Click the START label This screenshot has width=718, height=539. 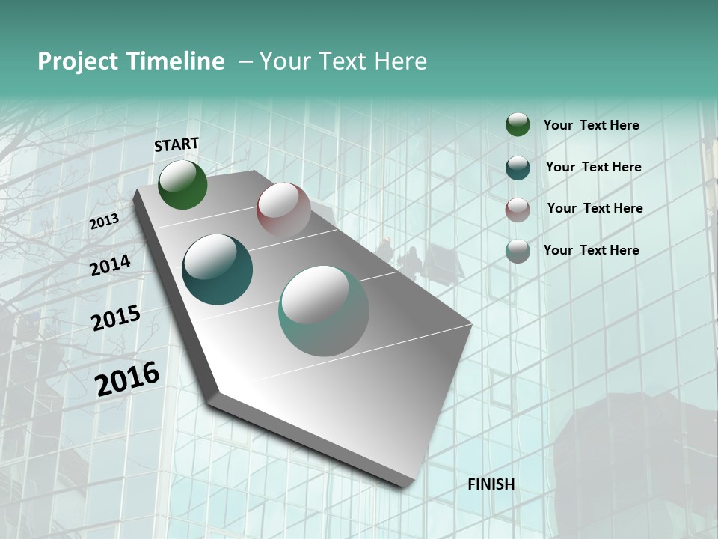(177, 144)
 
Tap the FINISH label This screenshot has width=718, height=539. (491, 484)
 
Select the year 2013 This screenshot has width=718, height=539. (104, 222)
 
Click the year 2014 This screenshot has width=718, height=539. (110, 265)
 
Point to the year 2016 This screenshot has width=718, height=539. (127, 379)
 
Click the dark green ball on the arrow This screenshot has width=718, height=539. (182, 185)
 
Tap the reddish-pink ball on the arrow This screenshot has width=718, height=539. (283, 210)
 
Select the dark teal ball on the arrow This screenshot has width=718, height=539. (218, 269)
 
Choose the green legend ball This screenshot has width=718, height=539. (518, 125)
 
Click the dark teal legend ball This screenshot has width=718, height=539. (518, 168)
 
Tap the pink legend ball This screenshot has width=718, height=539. (518, 210)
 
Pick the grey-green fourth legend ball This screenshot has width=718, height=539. (518, 251)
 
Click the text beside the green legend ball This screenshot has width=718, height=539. (591, 125)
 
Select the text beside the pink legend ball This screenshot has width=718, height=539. (595, 208)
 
